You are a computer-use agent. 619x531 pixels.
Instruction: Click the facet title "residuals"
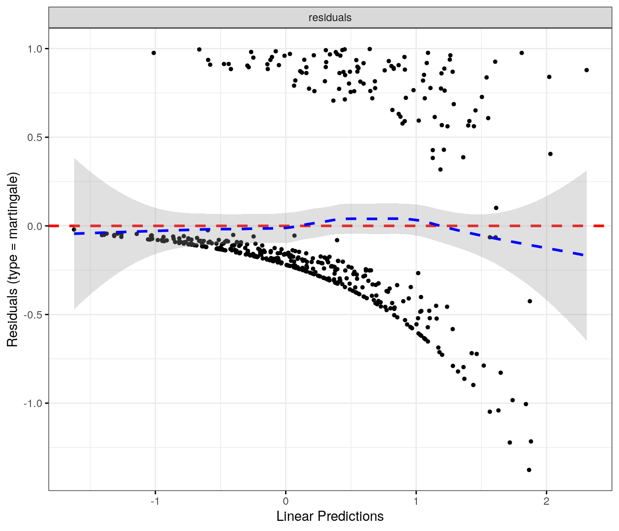[x=330, y=18]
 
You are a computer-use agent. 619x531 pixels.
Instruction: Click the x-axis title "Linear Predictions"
[x=330, y=516]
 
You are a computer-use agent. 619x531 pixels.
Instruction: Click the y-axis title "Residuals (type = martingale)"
[x=12, y=260]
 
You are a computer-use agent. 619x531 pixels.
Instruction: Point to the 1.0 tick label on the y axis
[x=35, y=49]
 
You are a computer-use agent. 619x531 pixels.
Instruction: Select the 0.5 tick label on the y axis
[x=35, y=137]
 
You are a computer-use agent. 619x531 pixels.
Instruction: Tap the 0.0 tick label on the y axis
[x=35, y=226]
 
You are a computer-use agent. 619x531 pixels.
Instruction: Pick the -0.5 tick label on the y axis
[x=33, y=315]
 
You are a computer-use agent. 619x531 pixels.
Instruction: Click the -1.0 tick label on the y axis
[x=33, y=403]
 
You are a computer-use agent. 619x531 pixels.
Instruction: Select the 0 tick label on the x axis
[x=286, y=501]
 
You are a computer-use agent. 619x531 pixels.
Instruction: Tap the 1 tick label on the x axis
[x=416, y=501]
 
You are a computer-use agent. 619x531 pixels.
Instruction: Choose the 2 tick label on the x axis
[x=546, y=501]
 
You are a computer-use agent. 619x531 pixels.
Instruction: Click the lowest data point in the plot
[x=529, y=470]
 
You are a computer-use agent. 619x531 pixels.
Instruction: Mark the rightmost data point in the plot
[x=586, y=70]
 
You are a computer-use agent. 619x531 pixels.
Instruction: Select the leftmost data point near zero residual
[x=74, y=230]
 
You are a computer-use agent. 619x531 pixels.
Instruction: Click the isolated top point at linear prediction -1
[x=154, y=53]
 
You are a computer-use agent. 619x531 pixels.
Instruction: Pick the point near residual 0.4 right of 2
[x=550, y=154]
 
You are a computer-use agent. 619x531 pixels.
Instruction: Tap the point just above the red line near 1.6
[x=496, y=208]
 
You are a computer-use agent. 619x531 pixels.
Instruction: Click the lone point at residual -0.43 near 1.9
[x=530, y=301]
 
